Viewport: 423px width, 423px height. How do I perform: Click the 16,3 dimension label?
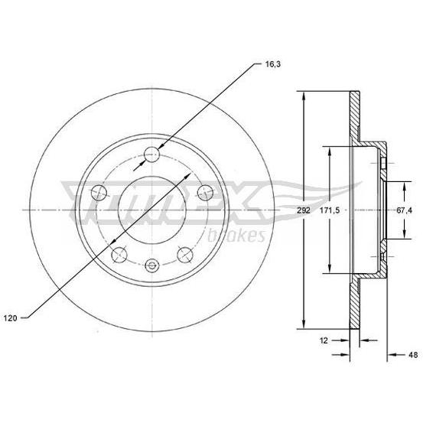[273, 64]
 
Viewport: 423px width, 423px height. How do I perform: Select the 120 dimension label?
[10, 318]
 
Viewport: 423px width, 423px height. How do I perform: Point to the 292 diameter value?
[304, 210]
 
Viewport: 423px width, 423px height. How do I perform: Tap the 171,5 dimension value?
[330, 210]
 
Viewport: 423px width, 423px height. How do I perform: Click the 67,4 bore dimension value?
[405, 210]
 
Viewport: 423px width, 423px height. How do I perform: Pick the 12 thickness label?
[324, 340]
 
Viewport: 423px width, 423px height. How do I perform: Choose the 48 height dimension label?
[413, 355]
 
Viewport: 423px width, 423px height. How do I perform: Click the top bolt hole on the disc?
[152, 155]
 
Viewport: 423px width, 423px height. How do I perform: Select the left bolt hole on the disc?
[99, 193]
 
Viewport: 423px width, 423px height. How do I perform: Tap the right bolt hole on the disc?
[205, 193]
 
